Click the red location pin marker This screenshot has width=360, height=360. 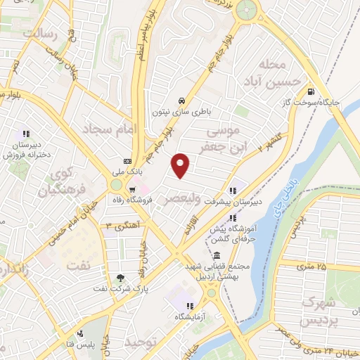tap(181, 165)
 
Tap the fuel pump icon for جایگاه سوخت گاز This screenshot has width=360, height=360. tap(310, 91)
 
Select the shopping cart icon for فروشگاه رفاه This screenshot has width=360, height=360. tap(131, 189)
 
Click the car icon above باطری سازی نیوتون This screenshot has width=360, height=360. tap(181, 100)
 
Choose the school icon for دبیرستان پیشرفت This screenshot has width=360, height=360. tap(231, 190)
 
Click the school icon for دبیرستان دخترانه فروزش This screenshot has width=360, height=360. tap(26, 134)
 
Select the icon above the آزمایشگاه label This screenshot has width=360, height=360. tap(190, 306)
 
